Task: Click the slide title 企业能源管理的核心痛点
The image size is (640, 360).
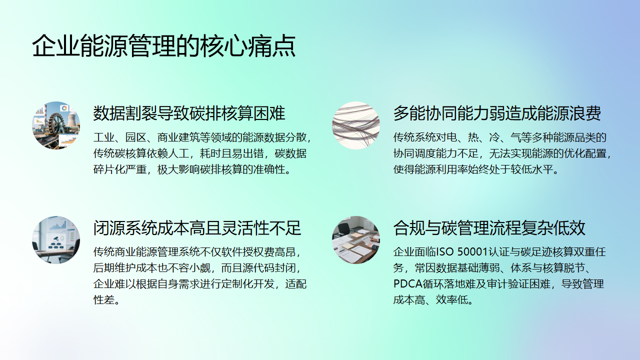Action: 163,46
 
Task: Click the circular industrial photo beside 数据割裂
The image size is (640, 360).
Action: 53,122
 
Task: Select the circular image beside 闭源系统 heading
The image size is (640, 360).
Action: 53,236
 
